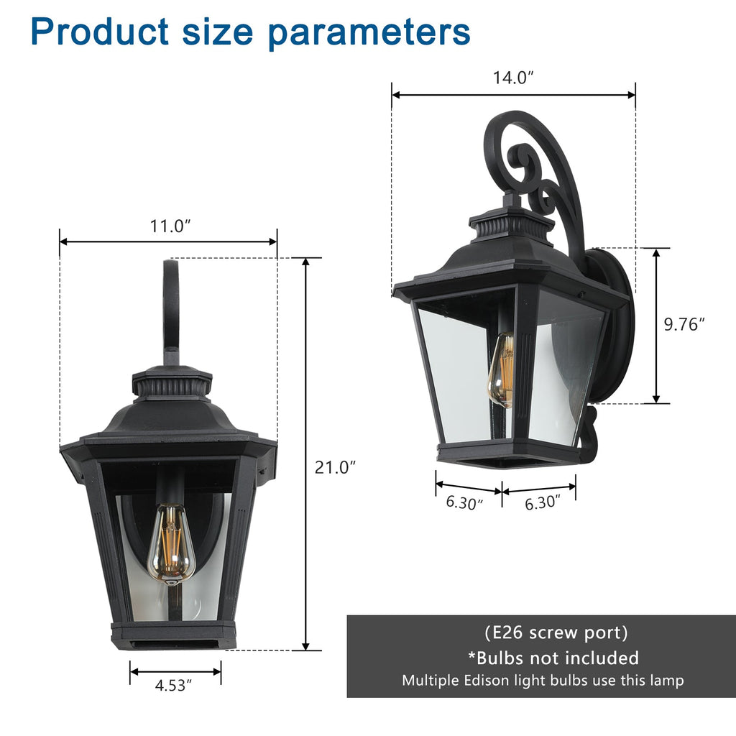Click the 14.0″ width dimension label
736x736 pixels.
513,78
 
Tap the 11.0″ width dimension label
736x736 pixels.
170,226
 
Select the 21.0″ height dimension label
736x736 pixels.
336,467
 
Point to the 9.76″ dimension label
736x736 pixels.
684,324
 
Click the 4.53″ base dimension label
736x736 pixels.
174,686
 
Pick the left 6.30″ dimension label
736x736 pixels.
464,502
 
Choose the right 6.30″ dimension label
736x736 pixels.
543,503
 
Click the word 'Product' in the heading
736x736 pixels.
100,32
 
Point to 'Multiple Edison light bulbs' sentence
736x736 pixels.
543,680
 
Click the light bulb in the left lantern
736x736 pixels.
171,543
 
